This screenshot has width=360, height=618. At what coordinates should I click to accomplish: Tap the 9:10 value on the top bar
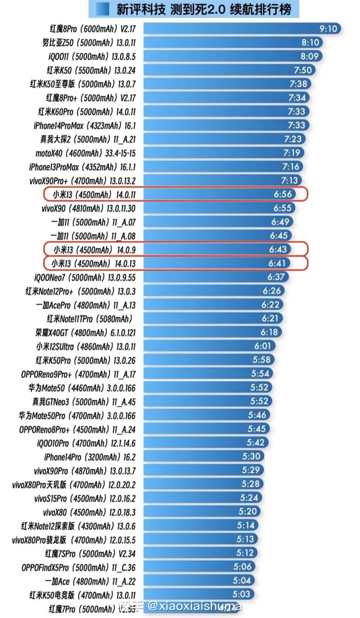(x=328, y=29)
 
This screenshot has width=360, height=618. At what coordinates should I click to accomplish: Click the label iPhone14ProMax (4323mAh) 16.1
(x=85, y=126)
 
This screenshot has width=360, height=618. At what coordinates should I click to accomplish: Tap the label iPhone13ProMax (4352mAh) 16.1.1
(x=83, y=167)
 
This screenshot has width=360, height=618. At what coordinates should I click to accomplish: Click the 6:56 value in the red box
(x=283, y=195)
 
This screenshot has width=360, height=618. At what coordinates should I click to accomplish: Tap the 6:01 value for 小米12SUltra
(x=264, y=346)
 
